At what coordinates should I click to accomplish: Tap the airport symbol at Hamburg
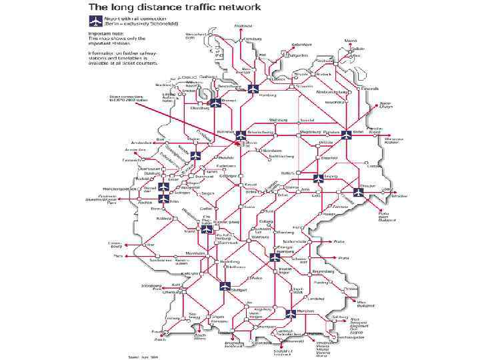(x=253, y=89)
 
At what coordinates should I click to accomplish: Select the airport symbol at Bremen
(x=215, y=103)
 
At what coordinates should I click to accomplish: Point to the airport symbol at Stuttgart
(x=224, y=287)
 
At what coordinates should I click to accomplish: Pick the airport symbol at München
(x=291, y=313)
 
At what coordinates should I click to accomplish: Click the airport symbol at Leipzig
(x=318, y=178)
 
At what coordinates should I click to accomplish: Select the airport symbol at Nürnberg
(x=275, y=257)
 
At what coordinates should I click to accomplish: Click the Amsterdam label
(x=143, y=142)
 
